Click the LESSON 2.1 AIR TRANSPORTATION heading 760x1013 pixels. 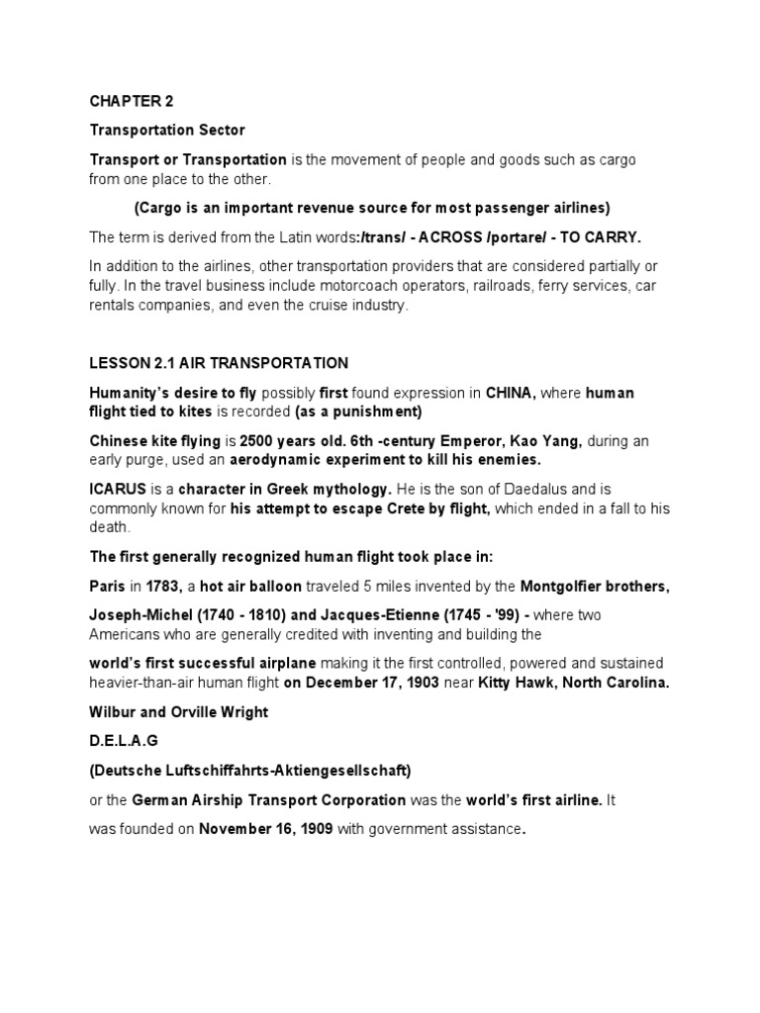click(220, 363)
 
